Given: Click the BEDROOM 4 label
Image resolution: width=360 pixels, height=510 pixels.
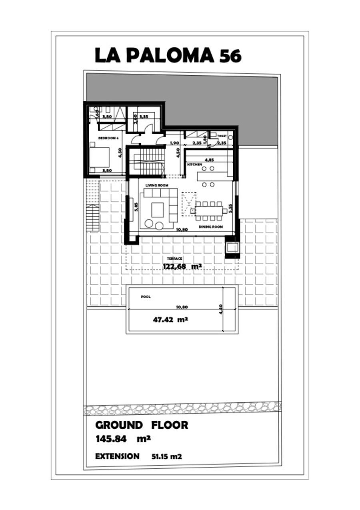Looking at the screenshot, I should coord(108,138).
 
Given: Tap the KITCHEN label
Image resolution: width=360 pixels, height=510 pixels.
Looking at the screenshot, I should coord(195,164).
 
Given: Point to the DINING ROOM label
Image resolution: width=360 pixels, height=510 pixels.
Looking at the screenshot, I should coord(210,227).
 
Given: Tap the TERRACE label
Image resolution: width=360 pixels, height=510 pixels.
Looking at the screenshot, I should coord(174,259).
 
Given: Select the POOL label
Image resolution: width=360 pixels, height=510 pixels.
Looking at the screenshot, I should coord(146,297).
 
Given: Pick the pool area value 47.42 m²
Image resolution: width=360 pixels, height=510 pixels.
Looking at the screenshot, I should coord(170,320).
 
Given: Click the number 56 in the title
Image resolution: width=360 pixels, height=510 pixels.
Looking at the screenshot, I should coord(230,56).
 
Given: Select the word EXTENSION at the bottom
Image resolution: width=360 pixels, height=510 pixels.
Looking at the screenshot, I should coord(118,456).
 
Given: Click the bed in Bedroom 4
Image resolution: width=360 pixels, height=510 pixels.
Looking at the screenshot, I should coord(99,157).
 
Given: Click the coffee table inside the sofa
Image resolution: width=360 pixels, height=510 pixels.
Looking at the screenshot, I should coord(157,209).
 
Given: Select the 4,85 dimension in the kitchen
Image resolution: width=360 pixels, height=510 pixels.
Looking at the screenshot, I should coord(209,159).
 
